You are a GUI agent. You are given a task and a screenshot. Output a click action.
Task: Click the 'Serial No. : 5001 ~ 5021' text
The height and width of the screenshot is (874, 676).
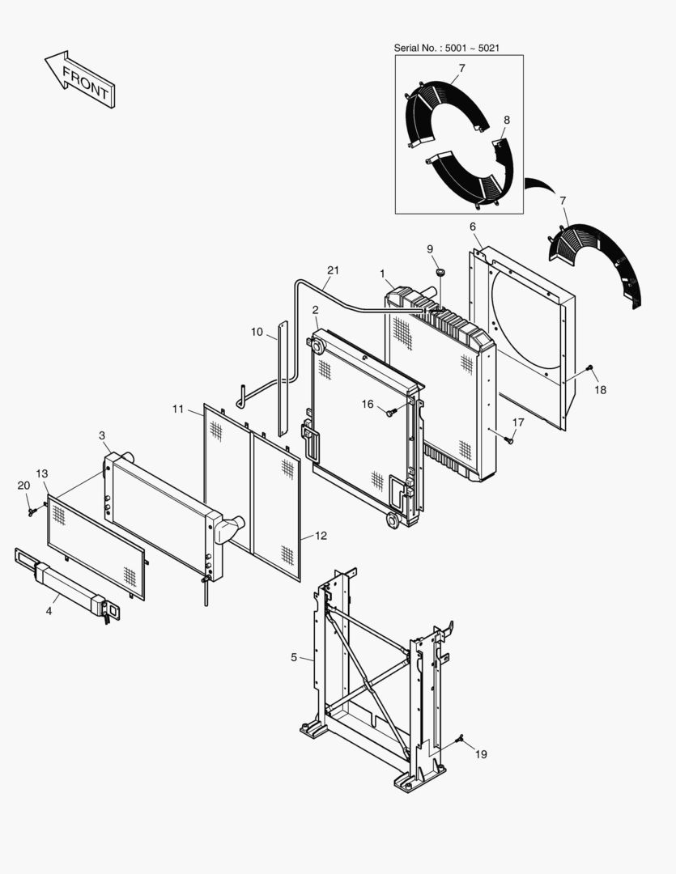click(x=446, y=49)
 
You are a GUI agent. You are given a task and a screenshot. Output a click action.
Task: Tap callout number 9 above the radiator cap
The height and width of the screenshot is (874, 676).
click(x=430, y=249)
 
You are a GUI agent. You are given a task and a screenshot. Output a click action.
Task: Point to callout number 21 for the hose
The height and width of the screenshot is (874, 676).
click(x=333, y=269)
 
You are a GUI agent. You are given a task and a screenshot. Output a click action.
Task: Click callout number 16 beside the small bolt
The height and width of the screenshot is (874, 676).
click(x=368, y=404)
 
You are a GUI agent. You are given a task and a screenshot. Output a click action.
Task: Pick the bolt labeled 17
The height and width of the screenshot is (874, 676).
click(x=508, y=440)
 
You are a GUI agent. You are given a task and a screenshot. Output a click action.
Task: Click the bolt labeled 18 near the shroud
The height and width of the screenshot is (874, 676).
click(x=589, y=368)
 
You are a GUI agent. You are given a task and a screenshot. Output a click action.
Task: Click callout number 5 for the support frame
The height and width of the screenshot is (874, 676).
click(x=294, y=658)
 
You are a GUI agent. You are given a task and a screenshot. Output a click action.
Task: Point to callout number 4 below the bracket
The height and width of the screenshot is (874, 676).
click(x=49, y=611)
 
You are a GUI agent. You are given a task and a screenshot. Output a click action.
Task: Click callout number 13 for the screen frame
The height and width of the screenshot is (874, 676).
click(x=42, y=473)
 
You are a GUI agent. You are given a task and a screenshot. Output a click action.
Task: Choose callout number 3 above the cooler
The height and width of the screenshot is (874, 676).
click(x=102, y=435)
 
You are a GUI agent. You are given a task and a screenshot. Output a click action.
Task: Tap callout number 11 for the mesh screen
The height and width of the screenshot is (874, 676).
click(x=178, y=409)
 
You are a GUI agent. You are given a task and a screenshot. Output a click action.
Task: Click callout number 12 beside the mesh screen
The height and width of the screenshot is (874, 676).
click(x=321, y=536)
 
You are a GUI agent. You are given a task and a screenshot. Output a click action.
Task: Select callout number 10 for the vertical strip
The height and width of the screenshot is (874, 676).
click(x=257, y=332)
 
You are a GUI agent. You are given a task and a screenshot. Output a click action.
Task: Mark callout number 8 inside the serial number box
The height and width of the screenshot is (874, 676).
click(x=506, y=120)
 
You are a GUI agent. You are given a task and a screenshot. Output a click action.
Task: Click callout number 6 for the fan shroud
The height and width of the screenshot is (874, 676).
click(x=473, y=227)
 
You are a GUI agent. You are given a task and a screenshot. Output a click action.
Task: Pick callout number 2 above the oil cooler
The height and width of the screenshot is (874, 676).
click(x=315, y=309)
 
